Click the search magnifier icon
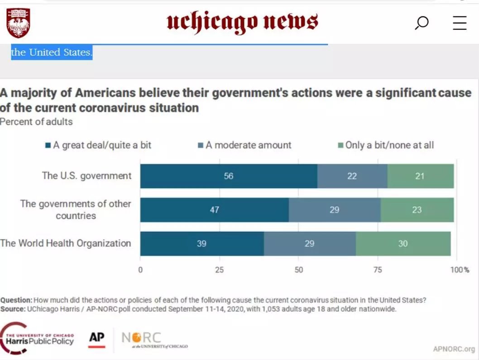(422, 22)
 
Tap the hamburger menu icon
(460, 23)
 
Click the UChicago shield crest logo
(18, 23)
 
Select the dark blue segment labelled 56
(229, 176)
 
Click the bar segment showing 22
(352, 176)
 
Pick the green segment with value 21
(420, 176)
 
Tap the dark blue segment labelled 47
(214, 210)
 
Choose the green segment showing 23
(417, 210)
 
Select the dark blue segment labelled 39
(202, 244)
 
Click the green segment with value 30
(403, 244)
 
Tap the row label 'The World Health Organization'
(66, 243)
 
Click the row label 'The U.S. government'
(86, 176)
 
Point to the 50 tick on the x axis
(298, 270)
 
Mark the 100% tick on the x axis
(459, 270)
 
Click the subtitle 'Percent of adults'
(36, 122)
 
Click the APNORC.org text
(453, 349)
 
